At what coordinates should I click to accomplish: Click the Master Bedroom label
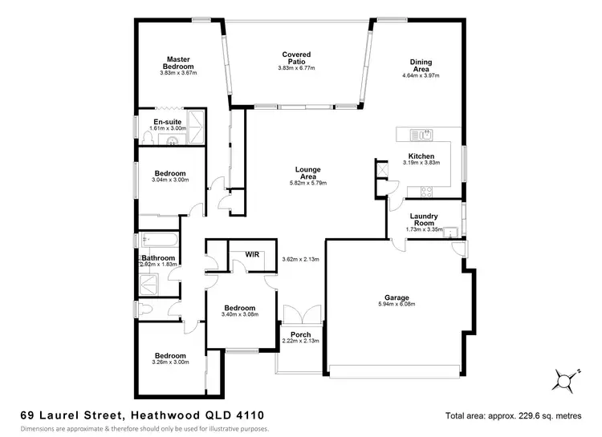pyautogui.click(x=178, y=63)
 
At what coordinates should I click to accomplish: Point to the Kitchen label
pyautogui.click(x=421, y=156)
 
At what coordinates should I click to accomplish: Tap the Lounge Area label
pyautogui.click(x=308, y=173)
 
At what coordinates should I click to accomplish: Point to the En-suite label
pyautogui.click(x=168, y=121)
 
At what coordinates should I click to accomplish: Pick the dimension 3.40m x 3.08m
pyautogui.click(x=239, y=314)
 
